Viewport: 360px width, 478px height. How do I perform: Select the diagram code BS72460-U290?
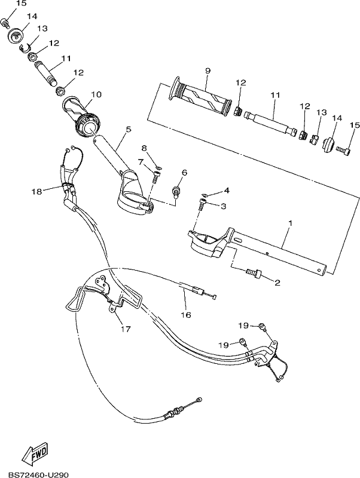pos(38,474)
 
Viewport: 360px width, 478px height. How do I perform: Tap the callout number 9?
pos(208,71)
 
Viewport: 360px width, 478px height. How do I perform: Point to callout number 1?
pos(290,223)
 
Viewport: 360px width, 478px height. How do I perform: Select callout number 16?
pos(186,315)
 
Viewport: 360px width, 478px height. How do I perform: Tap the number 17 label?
pos(126,329)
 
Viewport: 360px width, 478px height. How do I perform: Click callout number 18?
pos(36,191)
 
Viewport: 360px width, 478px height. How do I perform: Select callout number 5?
pos(129,129)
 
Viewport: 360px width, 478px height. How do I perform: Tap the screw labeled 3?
pos(203,204)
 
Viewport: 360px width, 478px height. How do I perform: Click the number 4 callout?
pos(227,191)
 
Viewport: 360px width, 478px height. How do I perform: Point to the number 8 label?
pos(144,148)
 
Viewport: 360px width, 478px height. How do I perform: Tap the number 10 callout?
pos(96,94)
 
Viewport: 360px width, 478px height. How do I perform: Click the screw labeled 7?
pos(156,176)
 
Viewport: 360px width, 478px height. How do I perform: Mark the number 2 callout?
pos(277,283)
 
